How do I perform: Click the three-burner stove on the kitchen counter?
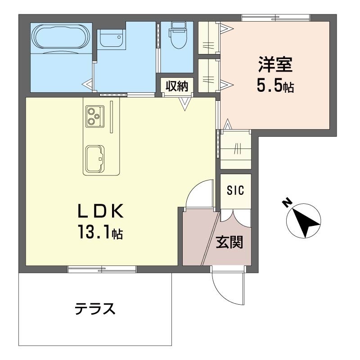[x=95, y=117]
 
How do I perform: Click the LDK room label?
[x=101, y=211]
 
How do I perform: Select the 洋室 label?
[x=275, y=64]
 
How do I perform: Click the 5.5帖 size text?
[x=275, y=85]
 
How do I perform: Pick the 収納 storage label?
[x=177, y=86]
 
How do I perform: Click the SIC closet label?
[x=235, y=190]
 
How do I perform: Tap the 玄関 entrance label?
[x=229, y=242]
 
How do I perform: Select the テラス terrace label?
[x=95, y=309]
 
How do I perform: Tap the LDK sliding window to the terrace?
[x=102, y=269]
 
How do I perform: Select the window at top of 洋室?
[x=275, y=18]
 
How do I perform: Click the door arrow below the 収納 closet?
[x=185, y=104]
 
